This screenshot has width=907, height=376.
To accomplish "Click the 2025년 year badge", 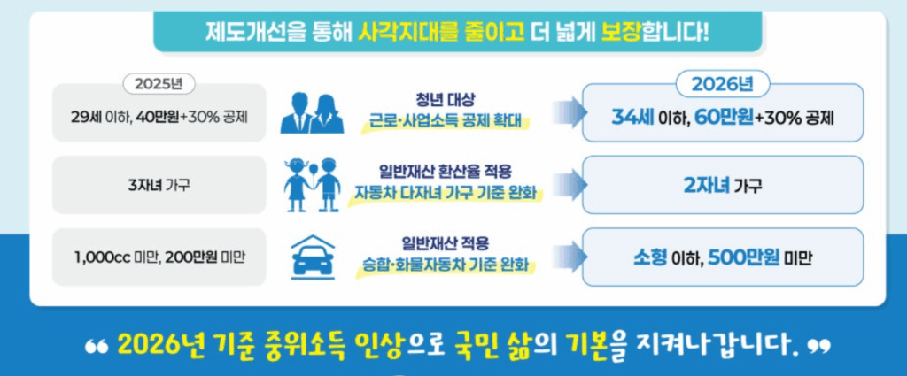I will [x=159, y=85].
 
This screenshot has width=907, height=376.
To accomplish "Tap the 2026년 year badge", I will [x=721, y=85].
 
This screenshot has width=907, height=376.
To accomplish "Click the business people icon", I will [x=312, y=112].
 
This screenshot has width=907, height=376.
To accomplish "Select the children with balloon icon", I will [x=312, y=183].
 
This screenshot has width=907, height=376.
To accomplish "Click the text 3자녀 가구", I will [x=159, y=185].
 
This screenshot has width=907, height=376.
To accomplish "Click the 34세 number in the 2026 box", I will [x=632, y=117].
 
